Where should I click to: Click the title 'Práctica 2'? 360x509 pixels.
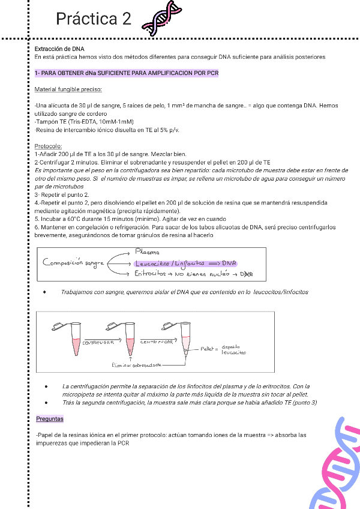click(x=93, y=19)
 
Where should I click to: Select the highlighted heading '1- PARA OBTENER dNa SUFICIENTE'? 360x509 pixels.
click(x=127, y=73)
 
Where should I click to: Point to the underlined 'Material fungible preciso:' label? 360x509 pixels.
click(x=68, y=89)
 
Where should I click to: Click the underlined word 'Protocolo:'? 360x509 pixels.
click(x=49, y=146)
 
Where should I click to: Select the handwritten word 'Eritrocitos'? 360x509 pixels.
click(x=150, y=274)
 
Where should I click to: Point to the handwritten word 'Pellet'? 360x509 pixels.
click(x=208, y=348)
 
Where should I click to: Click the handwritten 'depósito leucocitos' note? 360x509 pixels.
click(x=233, y=349)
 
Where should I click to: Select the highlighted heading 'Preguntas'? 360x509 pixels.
click(x=50, y=418)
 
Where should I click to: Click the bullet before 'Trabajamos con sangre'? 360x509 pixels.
click(x=46, y=292)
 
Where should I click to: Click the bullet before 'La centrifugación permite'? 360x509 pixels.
click(x=46, y=386)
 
